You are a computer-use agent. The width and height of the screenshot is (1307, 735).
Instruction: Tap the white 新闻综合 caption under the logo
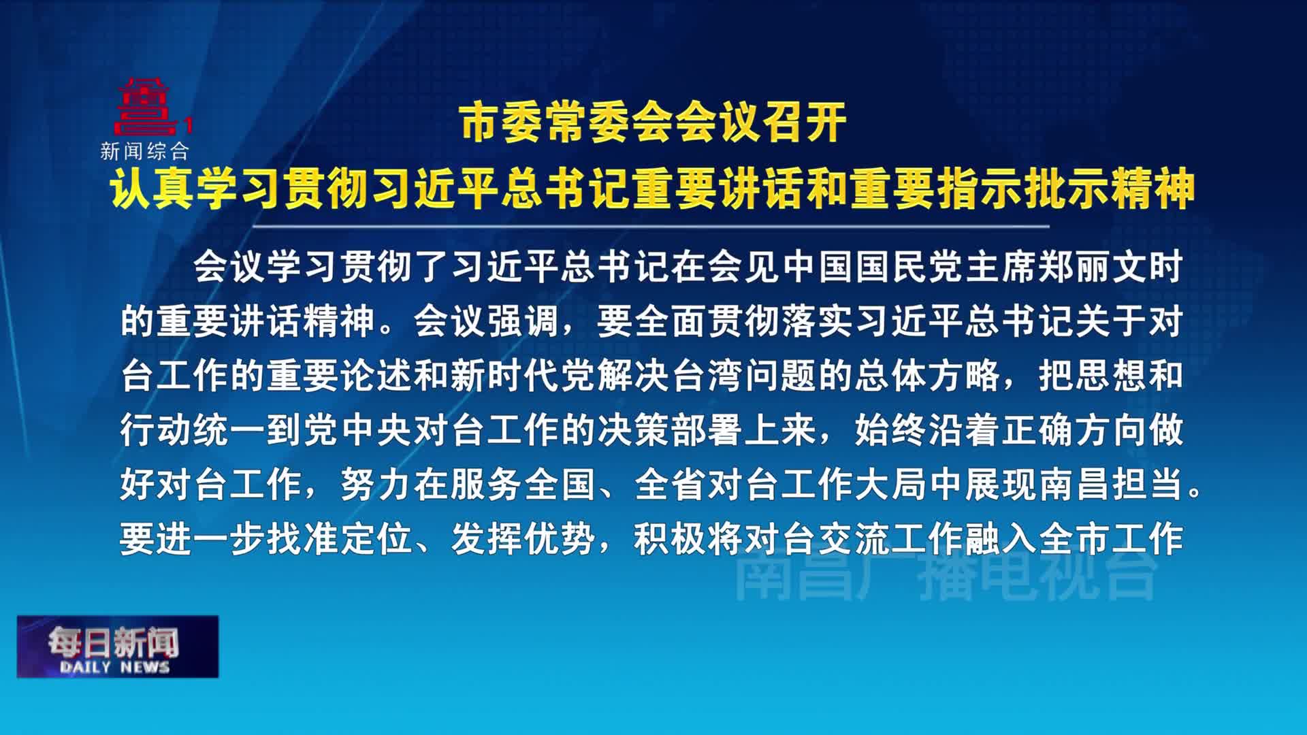(x=144, y=151)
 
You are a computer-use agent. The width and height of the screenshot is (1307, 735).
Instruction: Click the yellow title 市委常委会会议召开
(x=653, y=123)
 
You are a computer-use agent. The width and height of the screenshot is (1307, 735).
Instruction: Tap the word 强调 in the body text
(x=523, y=321)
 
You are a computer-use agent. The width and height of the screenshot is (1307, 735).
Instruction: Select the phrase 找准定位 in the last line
(x=339, y=539)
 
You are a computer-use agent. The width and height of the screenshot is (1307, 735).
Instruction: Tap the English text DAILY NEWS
(x=114, y=667)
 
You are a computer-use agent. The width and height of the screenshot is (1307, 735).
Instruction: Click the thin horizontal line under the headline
(x=651, y=226)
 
